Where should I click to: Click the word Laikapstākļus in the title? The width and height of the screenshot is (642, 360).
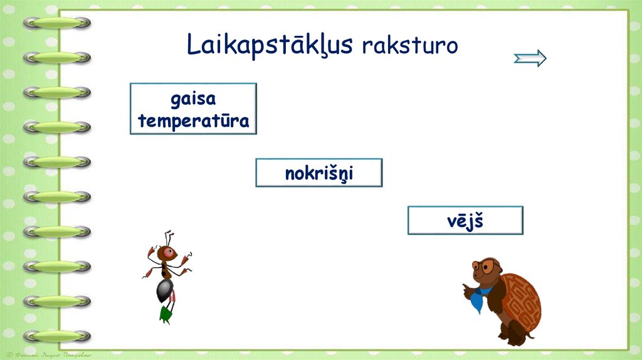point(270,45)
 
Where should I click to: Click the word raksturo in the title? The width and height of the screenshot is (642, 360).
point(409,46)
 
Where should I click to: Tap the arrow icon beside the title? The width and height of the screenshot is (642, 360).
point(530,59)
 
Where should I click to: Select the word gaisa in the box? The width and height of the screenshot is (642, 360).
point(193,99)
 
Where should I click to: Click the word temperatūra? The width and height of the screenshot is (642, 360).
point(193,120)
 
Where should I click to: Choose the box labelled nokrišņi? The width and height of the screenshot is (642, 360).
point(318,173)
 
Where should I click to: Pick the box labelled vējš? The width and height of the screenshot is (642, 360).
point(465,220)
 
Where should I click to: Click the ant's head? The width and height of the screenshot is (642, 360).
point(166,253)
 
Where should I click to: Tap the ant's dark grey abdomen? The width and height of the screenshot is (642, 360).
point(164,290)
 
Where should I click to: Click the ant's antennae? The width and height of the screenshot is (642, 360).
point(168,238)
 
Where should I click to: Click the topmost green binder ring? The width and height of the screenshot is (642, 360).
point(57,23)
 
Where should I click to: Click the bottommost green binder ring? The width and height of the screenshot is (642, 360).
point(57,336)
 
